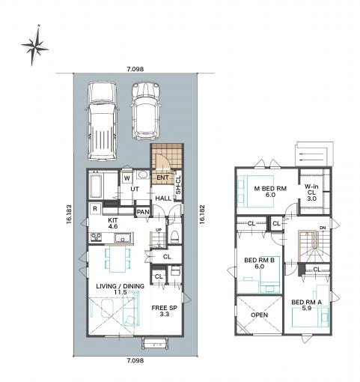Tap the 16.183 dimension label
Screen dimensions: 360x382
(x=69, y=214)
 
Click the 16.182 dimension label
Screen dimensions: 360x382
(x=202, y=214)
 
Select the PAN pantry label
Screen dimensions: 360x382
(x=143, y=212)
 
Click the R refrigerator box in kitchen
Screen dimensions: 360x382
(x=95, y=208)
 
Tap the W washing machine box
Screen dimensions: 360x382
(x=127, y=178)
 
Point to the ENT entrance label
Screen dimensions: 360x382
(x=162, y=178)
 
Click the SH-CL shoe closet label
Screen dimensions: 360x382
(x=178, y=185)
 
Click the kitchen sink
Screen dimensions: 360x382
(x=123, y=237)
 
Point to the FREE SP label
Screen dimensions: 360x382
(x=164, y=311)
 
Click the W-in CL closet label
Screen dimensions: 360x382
(x=311, y=192)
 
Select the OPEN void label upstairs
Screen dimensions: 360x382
(x=260, y=315)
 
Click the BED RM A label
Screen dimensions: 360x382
(x=307, y=305)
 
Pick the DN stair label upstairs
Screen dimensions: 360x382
(x=323, y=228)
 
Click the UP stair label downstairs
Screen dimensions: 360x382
(x=159, y=230)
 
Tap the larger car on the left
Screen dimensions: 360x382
(x=102, y=121)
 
